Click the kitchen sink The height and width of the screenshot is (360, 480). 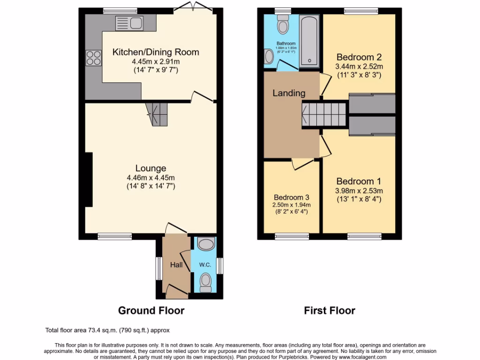tap(129, 22)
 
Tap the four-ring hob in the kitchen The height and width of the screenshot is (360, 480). tap(93, 58)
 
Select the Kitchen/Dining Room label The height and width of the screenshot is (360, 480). tap(156, 52)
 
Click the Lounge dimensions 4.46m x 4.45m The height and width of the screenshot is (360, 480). tap(150, 177)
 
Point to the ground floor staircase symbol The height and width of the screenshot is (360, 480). tap(156, 114)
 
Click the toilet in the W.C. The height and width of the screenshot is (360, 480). tap(206, 282)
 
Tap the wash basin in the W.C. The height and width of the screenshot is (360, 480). tap(206, 243)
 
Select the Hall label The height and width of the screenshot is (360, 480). tap(176, 265)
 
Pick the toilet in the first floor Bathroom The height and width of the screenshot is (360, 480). tap(283, 25)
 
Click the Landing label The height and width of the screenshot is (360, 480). tap(289, 93)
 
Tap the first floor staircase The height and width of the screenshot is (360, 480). tap(323, 114)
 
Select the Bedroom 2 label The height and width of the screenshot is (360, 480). tap(359, 57)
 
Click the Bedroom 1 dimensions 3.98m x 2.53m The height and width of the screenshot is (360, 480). tap(359, 191)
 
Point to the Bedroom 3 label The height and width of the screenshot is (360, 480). tap(291, 197)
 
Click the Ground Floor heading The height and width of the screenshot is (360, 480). tap(151, 310)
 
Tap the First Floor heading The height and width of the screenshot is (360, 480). tap(330, 310)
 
